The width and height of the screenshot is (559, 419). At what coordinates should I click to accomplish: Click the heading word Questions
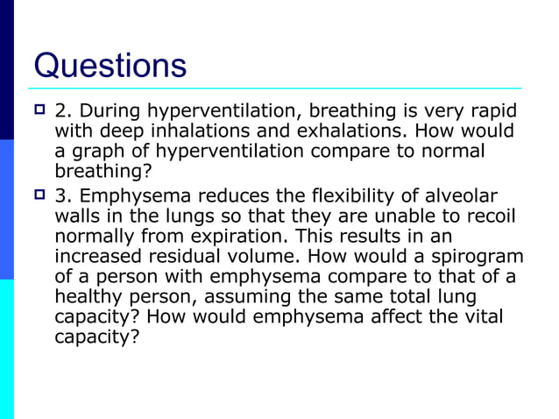point(110,66)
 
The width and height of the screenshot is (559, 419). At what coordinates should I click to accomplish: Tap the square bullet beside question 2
point(39,112)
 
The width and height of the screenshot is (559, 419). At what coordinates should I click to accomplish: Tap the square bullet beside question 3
point(39,195)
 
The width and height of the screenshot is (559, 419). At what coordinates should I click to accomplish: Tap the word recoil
point(491,215)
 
